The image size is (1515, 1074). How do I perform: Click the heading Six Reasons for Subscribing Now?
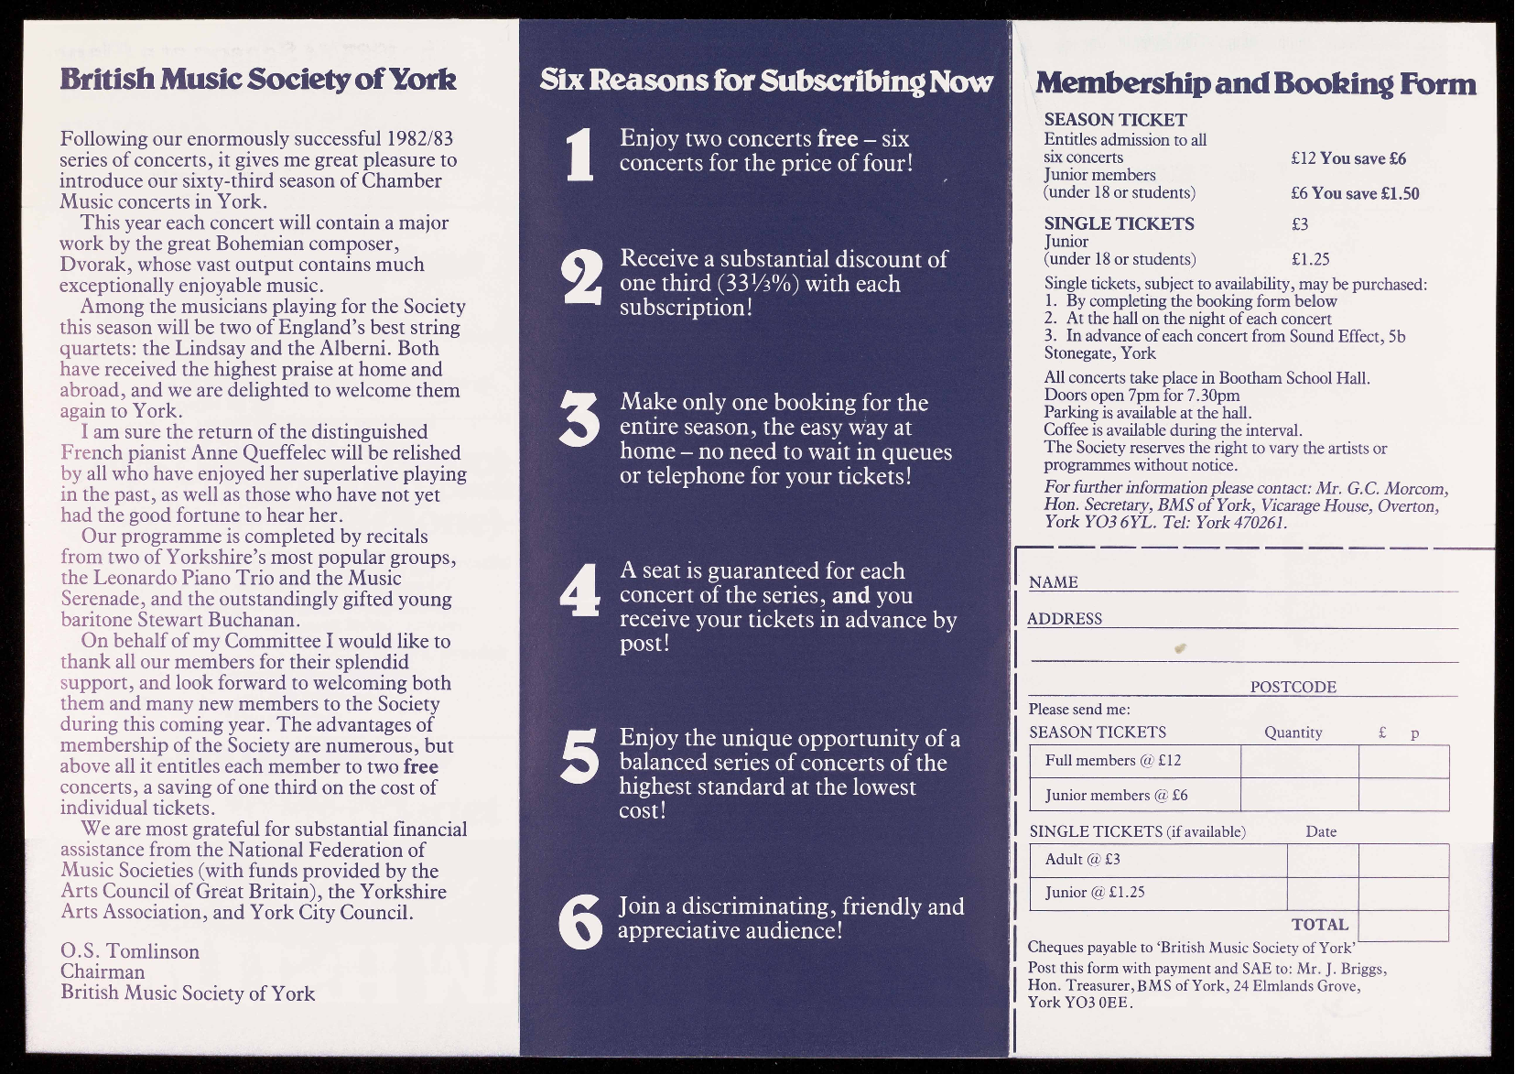[x=766, y=81]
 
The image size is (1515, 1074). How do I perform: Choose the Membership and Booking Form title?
[x=1255, y=83]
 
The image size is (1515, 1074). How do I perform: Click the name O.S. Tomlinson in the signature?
[x=130, y=951]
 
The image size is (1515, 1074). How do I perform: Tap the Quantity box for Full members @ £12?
[x=1299, y=761]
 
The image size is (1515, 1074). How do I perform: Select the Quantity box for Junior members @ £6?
[x=1299, y=795]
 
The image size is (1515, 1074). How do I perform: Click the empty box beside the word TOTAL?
[x=1403, y=926]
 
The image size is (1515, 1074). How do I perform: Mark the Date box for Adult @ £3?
[x=1323, y=860]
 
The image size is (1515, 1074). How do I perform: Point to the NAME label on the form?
[x=1054, y=582]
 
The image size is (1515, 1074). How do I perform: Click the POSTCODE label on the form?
[x=1293, y=687]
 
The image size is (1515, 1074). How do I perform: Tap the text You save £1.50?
[x=1366, y=193]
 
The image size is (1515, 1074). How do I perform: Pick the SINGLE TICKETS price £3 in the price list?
[x=1300, y=224]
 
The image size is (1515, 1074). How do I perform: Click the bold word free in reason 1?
[x=838, y=138]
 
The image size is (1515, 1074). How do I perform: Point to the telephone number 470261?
[x=1259, y=523]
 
